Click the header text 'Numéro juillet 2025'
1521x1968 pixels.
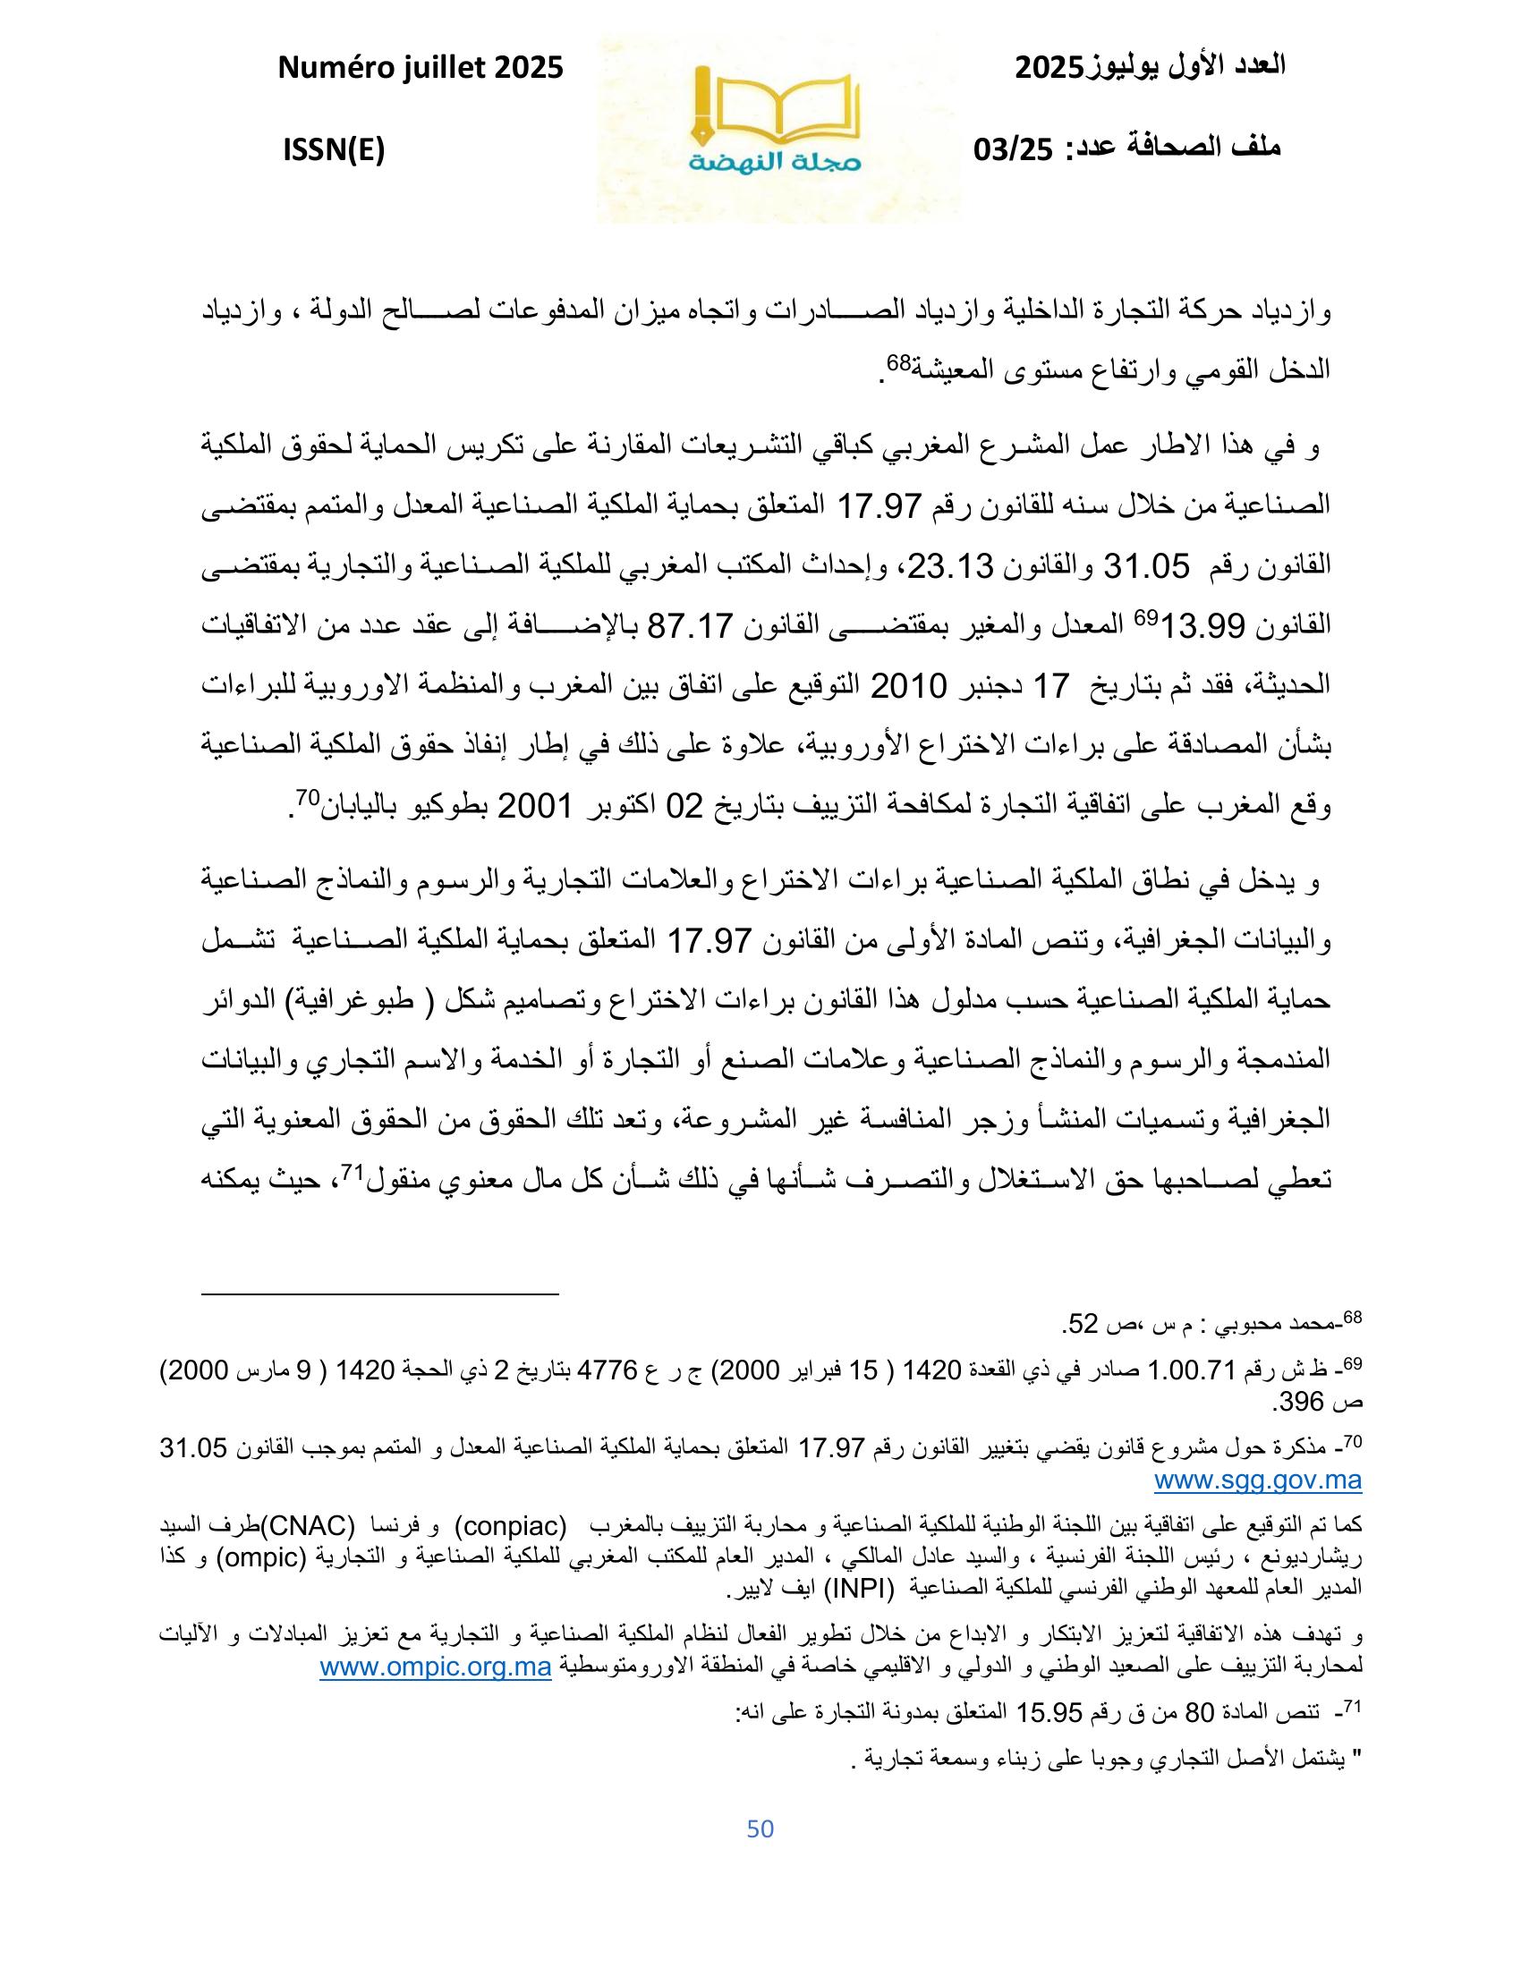[x=420, y=68]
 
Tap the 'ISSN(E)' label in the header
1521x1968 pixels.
[x=334, y=150]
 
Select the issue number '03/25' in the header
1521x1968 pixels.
[x=1014, y=150]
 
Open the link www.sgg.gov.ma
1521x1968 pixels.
[x=1258, y=1480]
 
